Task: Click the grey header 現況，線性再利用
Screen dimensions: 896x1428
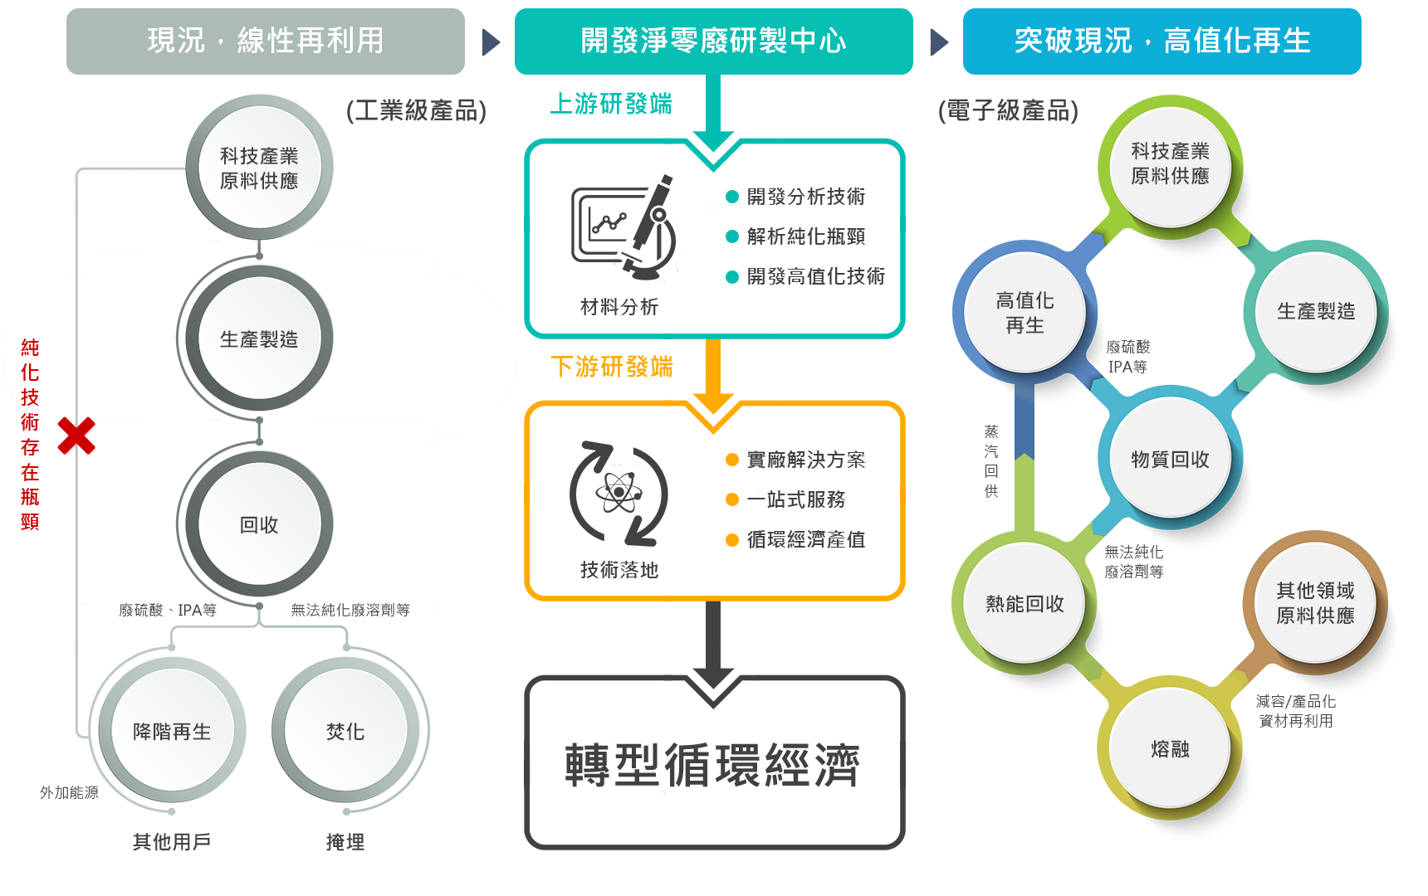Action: coord(265,41)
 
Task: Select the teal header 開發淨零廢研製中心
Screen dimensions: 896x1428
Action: coord(712,41)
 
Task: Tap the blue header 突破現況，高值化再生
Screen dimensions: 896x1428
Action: coord(1161,41)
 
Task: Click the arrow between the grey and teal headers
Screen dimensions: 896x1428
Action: coord(491,42)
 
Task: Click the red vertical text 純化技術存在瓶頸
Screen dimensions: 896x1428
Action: coord(30,434)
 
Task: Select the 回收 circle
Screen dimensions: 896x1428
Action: coord(259,524)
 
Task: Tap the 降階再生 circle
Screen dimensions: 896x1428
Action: coord(172,731)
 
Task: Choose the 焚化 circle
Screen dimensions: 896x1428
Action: coord(345,731)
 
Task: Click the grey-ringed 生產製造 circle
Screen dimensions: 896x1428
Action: coord(259,339)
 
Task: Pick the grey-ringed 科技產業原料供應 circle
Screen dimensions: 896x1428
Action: coord(259,168)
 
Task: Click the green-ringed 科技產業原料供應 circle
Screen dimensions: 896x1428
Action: coord(1170,163)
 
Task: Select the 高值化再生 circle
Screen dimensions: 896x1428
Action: coord(1025,313)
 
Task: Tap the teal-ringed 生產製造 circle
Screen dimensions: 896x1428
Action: coord(1316,311)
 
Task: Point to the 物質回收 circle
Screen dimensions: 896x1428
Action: coord(1170,459)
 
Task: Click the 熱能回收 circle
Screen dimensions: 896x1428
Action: coord(1025,604)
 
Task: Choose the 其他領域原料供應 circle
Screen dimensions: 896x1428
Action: coord(1315,603)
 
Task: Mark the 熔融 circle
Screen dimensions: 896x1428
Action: coord(1170,749)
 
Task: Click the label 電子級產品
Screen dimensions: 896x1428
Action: coord(1008,110)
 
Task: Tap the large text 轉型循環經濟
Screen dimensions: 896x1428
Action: coord(712,764)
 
